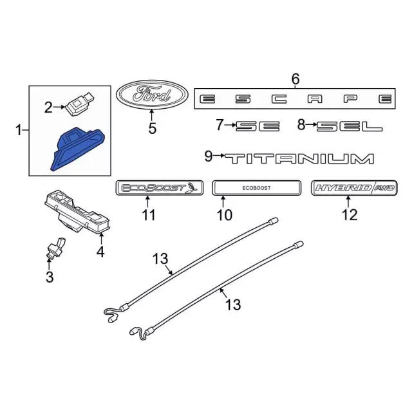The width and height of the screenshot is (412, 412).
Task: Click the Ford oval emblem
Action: click(152, 95)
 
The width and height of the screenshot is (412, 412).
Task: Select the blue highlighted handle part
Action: click(78, 149)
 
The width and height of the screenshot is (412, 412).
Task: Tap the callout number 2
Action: click(48, 108)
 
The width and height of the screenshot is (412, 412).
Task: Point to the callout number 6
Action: click(295, 79)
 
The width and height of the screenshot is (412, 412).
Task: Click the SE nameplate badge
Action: click(257, 126)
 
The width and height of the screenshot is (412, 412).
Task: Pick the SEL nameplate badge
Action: click(350, 126)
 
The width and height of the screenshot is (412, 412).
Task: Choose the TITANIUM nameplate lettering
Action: click(299, 159)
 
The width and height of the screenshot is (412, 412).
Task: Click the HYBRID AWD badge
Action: click(354, 188)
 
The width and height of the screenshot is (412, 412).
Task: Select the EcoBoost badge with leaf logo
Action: click(160, 188)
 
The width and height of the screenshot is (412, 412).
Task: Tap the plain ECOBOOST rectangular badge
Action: click(256, 188)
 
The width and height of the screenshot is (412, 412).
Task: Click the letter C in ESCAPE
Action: click(279, 99)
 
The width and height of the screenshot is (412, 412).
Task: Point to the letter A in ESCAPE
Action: click(315, 99)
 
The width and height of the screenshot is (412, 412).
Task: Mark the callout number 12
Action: click(350, 215)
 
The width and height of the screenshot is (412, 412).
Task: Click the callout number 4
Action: click(100, 252)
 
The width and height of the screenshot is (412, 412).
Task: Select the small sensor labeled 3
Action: click(56, 248)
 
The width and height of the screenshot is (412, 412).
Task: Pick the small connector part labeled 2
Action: click(79, 103)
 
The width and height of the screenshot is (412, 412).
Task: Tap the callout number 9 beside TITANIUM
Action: click(209, 156)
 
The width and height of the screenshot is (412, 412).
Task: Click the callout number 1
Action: click(19, 130)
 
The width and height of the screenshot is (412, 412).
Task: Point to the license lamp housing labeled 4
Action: click(77, 211)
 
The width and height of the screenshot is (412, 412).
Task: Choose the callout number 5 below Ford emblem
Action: click(152, 129)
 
